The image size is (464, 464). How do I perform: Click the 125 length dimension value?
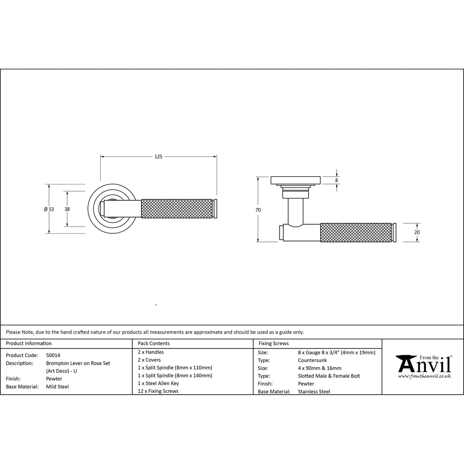coord(158,157)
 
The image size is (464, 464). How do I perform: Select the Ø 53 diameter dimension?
coord(49,209)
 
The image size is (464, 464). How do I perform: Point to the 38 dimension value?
coord(67,209)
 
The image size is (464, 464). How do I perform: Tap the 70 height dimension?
coord(258,210)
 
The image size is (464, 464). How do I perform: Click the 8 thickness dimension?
coord(336,180)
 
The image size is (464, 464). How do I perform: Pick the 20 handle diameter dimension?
coord(417,232)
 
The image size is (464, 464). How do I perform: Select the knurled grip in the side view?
coord(356,232)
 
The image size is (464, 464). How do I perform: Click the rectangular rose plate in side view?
coord(295,180)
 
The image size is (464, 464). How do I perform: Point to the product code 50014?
coord(53,356)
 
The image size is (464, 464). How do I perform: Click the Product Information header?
coord(29,343)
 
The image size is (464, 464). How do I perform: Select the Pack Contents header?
coord(154,343)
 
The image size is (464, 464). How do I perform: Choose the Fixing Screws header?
coord(273,343)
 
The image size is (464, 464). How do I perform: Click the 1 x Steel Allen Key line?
coord(159,383)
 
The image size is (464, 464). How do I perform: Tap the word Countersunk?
coord(312,360)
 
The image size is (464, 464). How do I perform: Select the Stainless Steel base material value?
coord(314,391)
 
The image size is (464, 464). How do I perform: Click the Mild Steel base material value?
coord(58,387)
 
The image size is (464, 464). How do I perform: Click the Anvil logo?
coord(424,364)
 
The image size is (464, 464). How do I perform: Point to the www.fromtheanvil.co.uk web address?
coord(425,376)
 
